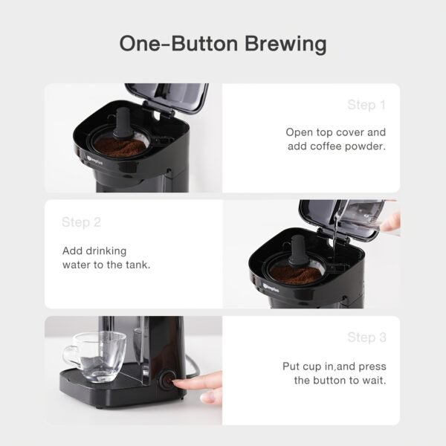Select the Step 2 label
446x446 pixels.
81,222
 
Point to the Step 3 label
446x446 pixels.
366,337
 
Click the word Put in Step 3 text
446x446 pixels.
291,366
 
